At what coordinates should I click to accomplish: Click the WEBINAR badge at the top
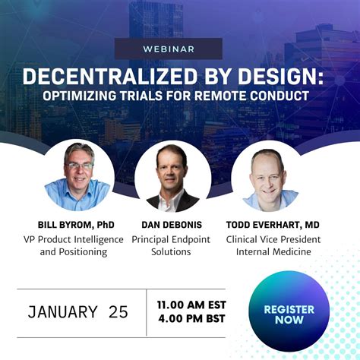point(169,49)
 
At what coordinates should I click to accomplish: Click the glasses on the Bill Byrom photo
point(79,164)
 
